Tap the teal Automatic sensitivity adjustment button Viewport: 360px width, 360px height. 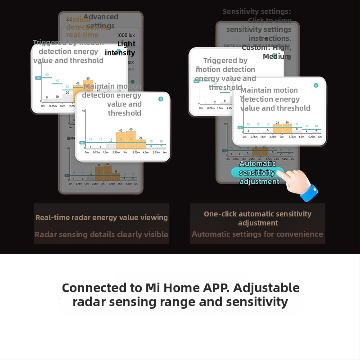tap(257, 173)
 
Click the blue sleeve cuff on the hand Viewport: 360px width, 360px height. tap(310, 192)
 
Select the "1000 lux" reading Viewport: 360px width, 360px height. tap(128, 35)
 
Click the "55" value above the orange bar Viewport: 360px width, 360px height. tap(88, 78)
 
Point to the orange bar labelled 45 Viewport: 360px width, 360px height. tap(131, 139)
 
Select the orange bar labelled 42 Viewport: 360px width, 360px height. tap(121, 140)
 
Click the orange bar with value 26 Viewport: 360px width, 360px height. tap(287, 128)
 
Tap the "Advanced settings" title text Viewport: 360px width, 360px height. tap(101, 21)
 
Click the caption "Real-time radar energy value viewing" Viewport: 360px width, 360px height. tap(102, 218)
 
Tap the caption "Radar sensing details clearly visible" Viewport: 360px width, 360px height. tap(101, 234)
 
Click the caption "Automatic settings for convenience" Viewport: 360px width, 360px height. tap(257, 234)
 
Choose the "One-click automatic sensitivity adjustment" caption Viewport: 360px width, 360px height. tap(257, 218)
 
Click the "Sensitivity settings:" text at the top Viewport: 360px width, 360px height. tap(257, 12)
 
